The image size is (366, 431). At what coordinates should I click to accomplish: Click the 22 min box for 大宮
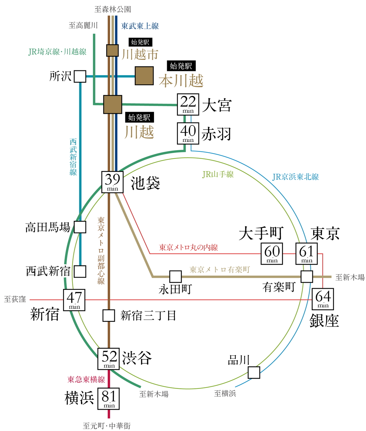(188, 104)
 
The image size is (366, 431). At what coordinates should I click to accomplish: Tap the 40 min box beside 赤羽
(188, 133)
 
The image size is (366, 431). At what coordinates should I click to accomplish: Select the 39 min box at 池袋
(112, 182)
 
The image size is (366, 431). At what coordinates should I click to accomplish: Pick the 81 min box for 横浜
(109, 398)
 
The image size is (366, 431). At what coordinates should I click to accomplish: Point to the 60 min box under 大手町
(272, 254)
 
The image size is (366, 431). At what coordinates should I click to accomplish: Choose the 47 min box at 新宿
(74, 300)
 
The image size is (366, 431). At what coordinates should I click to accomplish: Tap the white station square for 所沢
(80, 76)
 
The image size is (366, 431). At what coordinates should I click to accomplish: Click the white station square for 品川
(254, 372)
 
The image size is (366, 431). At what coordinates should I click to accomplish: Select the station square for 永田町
(175, 276)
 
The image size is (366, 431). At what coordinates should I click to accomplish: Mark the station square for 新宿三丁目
(109, 316)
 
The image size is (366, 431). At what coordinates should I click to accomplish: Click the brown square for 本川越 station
(144, 76)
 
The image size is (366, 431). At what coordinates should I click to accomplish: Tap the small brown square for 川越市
(112, 51)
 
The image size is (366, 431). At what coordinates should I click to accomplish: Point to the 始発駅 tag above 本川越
(181, 66)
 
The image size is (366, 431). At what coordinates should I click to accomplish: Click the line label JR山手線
(218, 174)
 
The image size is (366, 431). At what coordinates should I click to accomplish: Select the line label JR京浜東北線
(295, 177)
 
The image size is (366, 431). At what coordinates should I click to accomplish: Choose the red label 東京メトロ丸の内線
(188, 247)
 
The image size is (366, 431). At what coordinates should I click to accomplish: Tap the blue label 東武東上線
(140, 26)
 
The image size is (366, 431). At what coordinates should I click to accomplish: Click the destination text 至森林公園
(113, 9)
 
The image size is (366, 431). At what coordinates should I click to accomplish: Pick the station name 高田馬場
(48, 227)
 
